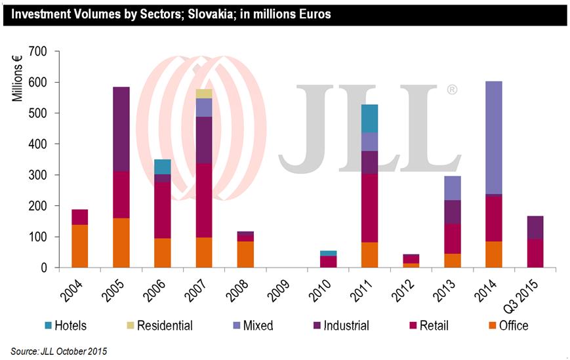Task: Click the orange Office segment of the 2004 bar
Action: click(x=80, y=246)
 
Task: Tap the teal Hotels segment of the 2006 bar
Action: click(x=163, y=167)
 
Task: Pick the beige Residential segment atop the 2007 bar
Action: click(x=204, y=94)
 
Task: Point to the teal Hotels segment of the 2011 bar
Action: click(x=369, y=118)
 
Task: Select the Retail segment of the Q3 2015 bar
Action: click(x=534, y=253)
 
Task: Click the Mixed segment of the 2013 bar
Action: click(x=451, y=188)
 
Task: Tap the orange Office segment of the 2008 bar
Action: click(x=245, y=254)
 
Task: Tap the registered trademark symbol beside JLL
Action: click(x=452, y=90)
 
